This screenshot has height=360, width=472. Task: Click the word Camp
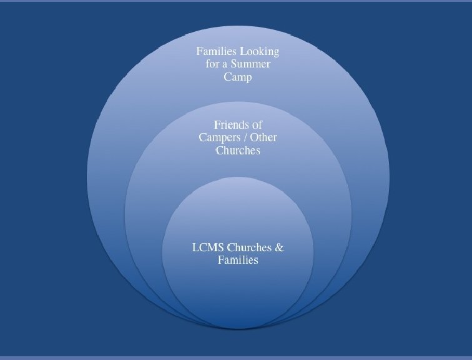(238, 77)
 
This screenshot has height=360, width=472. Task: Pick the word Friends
(232, 125)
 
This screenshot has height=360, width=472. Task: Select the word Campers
(219, 137)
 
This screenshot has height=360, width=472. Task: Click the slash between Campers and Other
(245, 137)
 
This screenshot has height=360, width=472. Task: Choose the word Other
(263, 137)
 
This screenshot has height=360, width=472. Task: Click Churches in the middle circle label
(238, 151)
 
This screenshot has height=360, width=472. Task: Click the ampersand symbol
(279, 247)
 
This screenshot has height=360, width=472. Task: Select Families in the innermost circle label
(238, 260)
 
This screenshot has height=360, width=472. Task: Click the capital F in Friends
(217, 125)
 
